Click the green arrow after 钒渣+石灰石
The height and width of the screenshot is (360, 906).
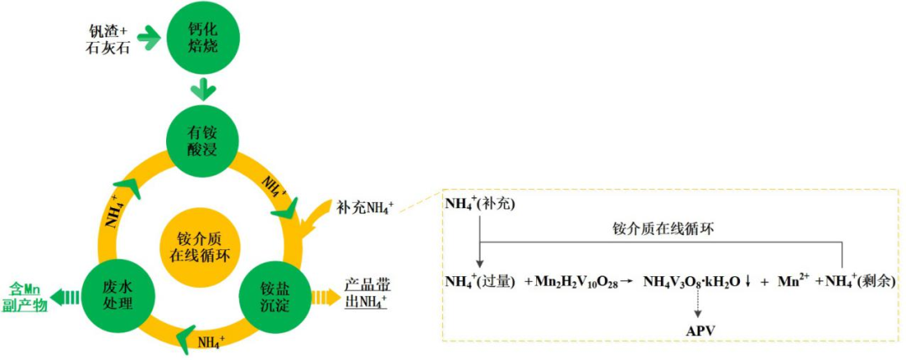coord(149,37)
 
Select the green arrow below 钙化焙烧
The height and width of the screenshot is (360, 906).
coord(204,88)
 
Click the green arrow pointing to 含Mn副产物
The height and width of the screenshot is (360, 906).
coord(68,296)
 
